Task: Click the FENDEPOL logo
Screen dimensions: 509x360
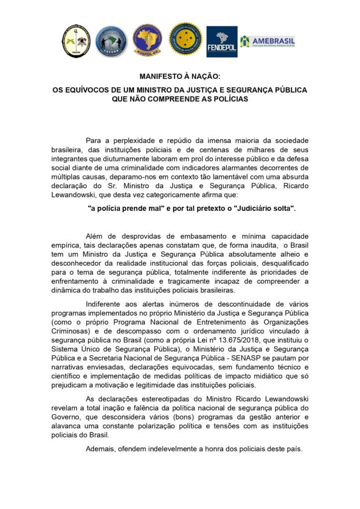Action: click(222, 41)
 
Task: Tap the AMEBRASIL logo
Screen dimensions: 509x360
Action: click(268, 41)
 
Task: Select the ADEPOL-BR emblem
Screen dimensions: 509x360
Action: click(147, 40)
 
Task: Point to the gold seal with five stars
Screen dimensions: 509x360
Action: click(185, 39)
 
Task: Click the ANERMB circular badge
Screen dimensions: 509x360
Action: click(111, 41)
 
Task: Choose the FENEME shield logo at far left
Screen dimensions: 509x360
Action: click(76, 41)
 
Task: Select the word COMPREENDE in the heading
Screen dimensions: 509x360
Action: click(178, 99)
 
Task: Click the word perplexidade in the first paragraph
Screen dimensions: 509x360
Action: click(132, 141)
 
